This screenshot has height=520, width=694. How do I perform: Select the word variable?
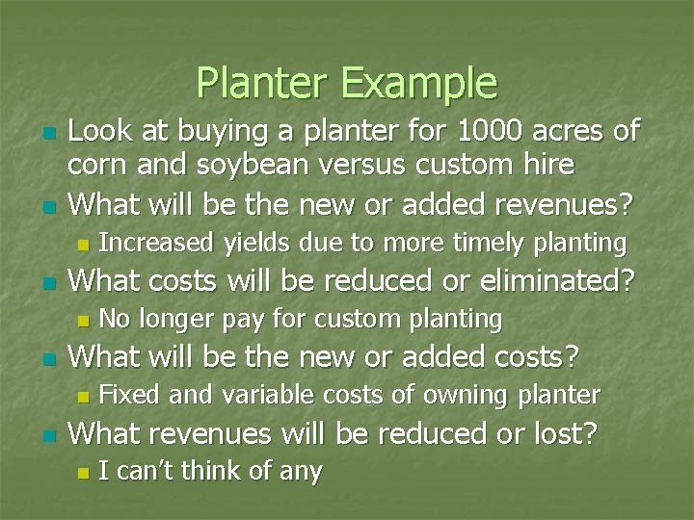(x=264, y=395)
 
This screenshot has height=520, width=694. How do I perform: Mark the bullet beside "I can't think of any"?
(x=83, y=473)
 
